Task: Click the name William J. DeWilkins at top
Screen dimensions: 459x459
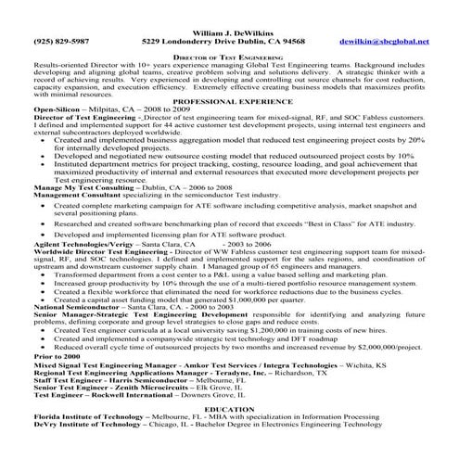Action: [x=229, y=31]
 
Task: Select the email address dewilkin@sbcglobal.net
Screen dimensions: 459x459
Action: [x=384, y=43]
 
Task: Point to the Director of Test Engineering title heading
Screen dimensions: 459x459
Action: [x=230, y=57]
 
